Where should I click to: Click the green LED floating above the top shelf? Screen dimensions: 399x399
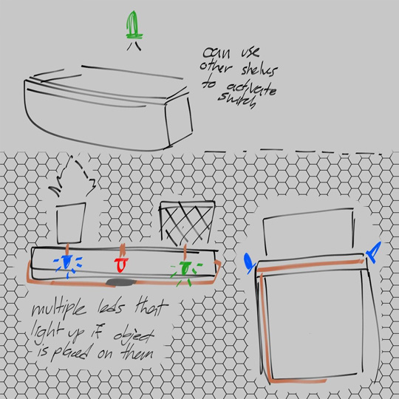coord(133,24)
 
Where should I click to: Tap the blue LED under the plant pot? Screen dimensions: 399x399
coord(67,262)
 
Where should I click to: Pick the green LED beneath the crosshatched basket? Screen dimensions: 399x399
coord(185,269)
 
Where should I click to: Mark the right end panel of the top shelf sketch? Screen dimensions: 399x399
coord(180,122)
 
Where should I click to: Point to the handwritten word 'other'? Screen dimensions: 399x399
coord(215,67)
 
